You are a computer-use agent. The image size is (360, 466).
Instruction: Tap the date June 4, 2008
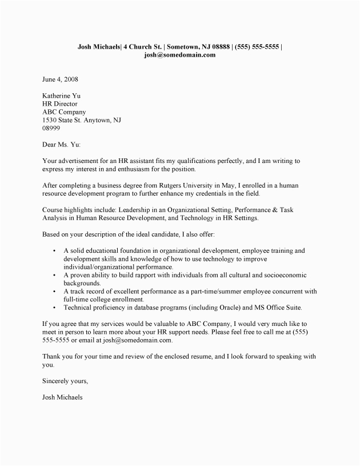60,79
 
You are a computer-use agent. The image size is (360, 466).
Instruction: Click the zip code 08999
51,129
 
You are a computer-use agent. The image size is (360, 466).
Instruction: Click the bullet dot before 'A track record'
53,292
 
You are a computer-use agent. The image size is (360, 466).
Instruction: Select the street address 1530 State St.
65,121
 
